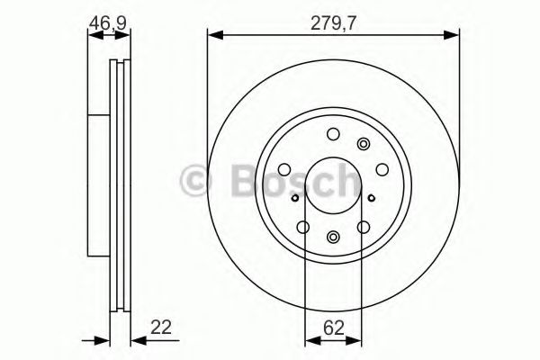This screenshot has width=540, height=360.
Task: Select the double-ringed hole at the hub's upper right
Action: coord(364,144)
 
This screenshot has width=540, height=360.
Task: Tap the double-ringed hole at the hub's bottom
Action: coord(333,237)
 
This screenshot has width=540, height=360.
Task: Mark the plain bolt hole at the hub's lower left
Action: coord(303,227)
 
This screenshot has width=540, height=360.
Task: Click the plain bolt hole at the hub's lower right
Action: coord(364,227)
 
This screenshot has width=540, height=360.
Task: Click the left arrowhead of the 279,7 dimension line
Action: coord(212,34)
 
